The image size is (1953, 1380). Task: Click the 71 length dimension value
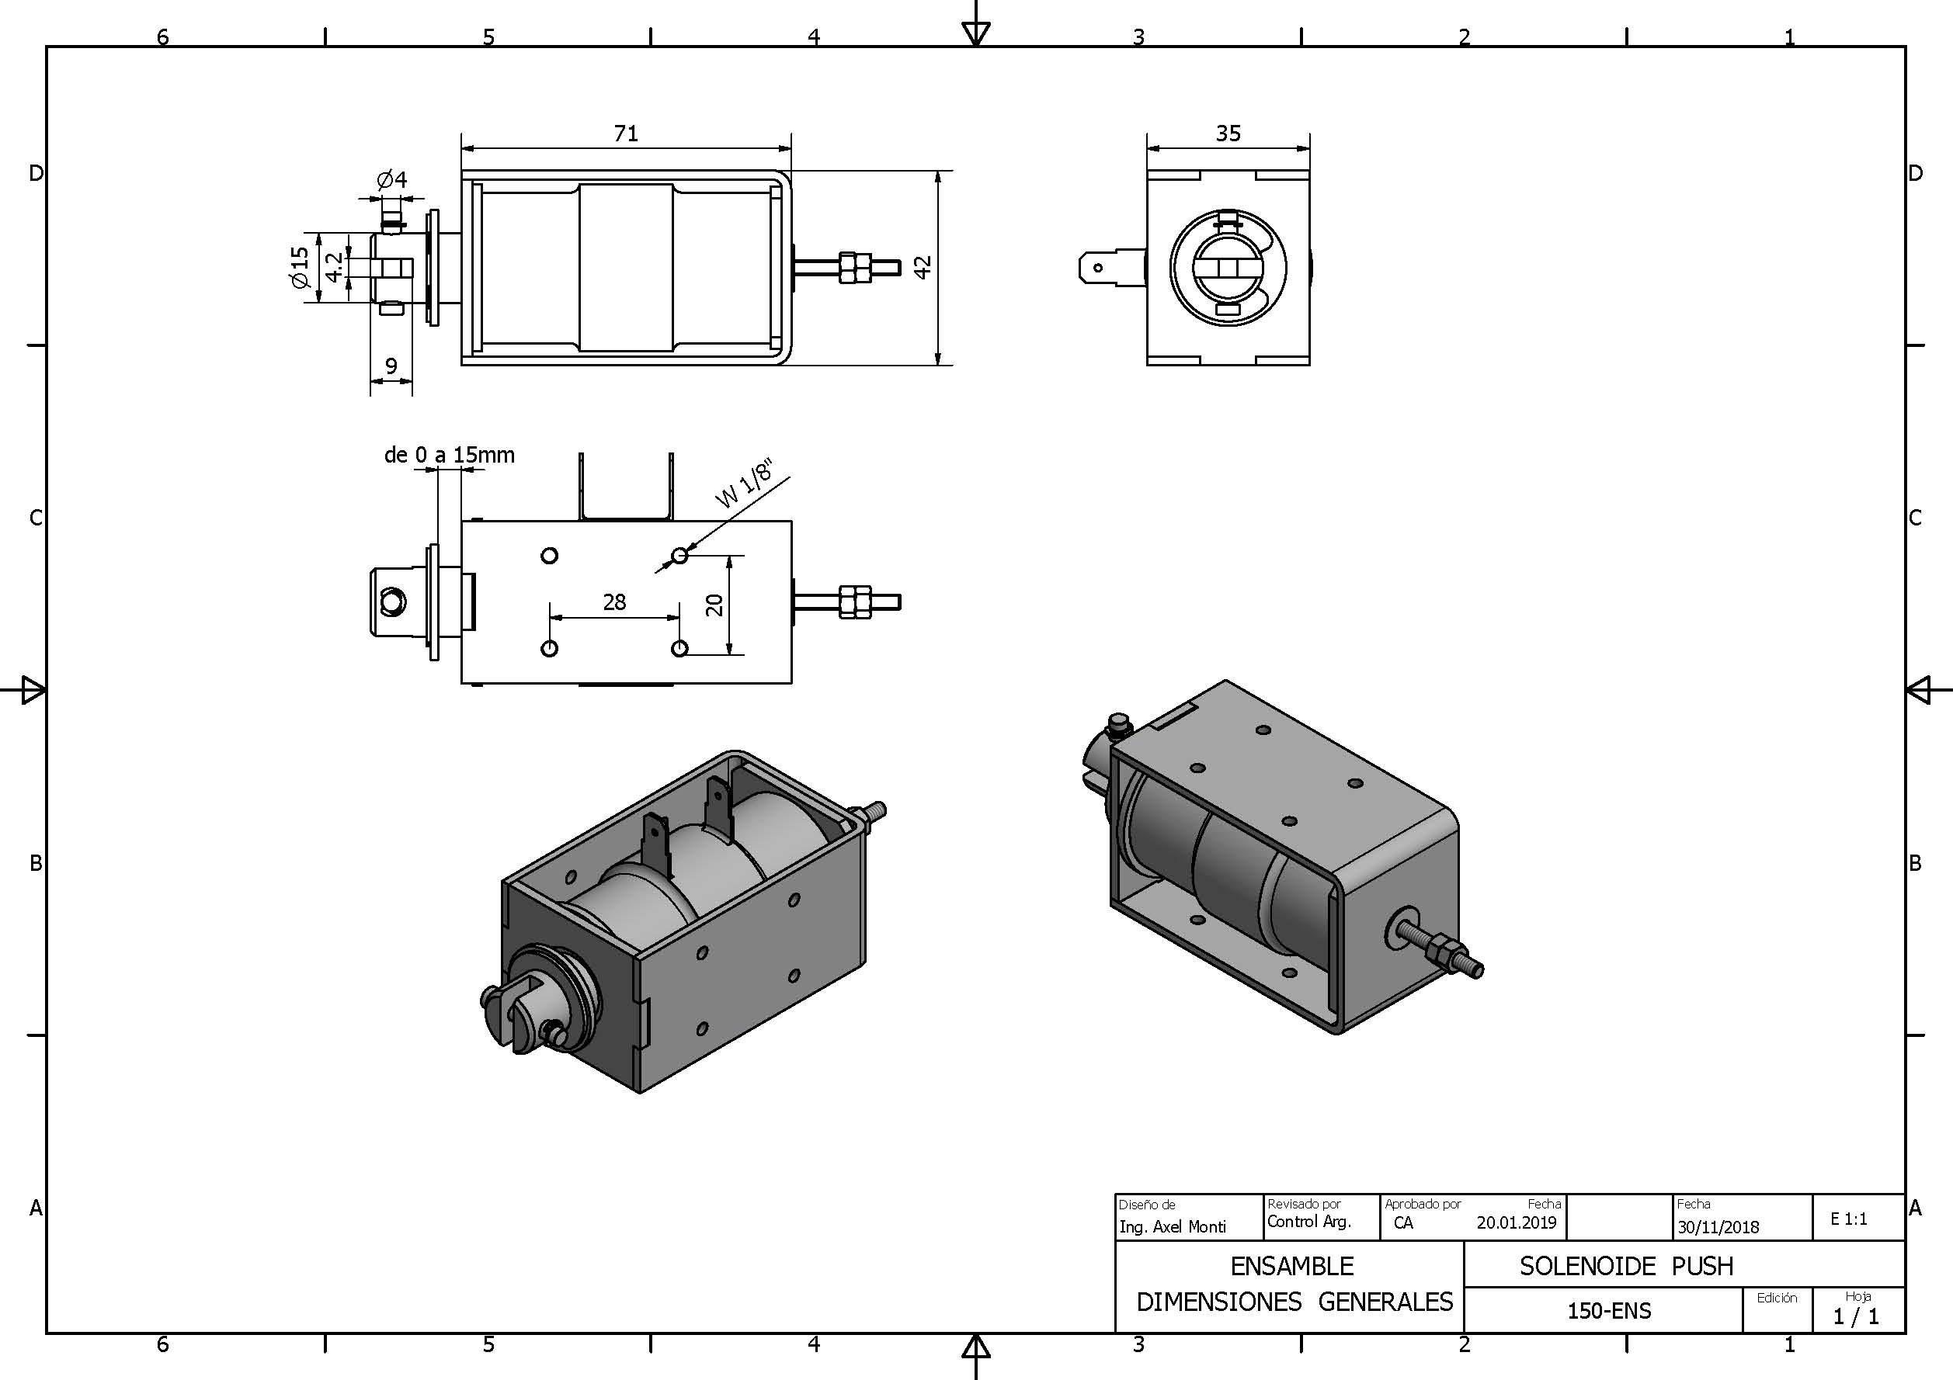point(625,133)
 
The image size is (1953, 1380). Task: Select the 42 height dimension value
point(923,267)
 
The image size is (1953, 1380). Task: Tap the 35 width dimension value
point(1228,133)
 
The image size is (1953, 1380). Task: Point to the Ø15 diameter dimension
point(300,267)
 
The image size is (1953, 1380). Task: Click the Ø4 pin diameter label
point(392,179)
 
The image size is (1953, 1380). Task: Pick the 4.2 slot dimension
point(335,266)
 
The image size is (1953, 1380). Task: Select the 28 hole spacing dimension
point(614,603)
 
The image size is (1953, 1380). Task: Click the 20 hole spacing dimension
point(714,605)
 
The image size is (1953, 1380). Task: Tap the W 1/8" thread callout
point(743,484)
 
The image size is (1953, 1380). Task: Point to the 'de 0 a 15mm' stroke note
point(449,455)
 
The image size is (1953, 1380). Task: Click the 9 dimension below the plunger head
point(391,366)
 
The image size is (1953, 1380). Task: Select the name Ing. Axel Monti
point(1172,1227)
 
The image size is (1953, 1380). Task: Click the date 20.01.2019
point(1517,1222)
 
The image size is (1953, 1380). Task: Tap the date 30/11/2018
point(1718,1227)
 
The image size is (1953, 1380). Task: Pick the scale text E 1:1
point(1849,1219)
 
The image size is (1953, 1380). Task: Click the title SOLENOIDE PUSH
point(1625,1266)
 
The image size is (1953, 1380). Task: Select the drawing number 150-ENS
point(1609,1311)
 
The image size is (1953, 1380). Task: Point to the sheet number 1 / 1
point(1856,1317)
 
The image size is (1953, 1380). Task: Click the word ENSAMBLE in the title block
point(1291,1266)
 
